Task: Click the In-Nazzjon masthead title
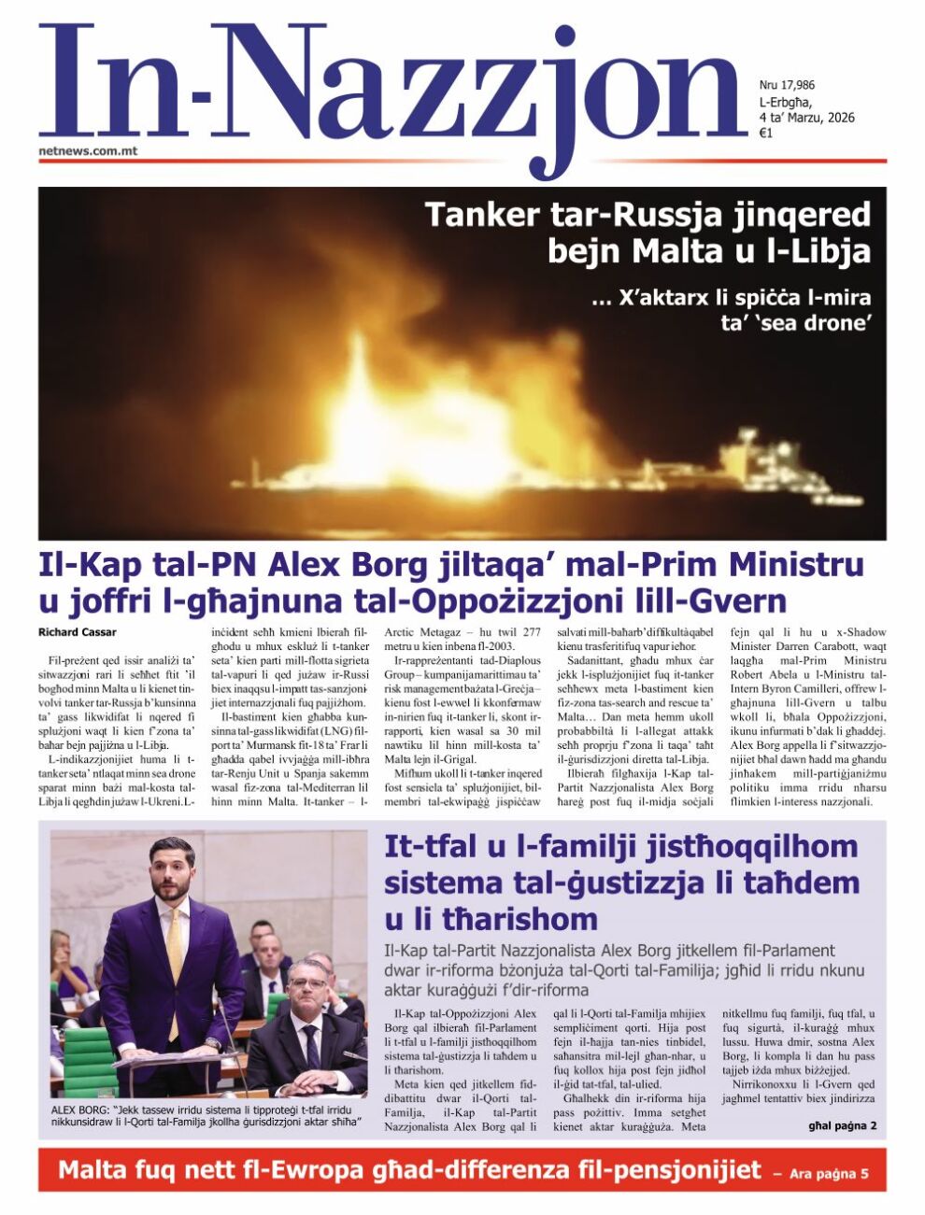(x=392, y=89)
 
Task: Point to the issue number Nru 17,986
(x=787, y=85)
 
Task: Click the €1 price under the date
(x=765, y=134)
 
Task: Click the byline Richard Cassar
(x=78, y=632)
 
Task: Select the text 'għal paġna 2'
(x=842, y=1125)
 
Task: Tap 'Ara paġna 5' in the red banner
(x=829, y=1174)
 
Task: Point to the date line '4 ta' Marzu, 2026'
(x=805, y=118)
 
